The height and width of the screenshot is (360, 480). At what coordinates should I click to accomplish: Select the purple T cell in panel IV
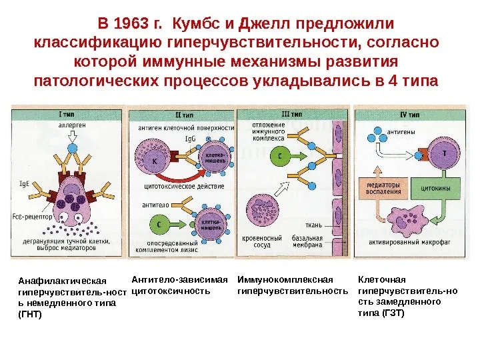click(x=443, y=153)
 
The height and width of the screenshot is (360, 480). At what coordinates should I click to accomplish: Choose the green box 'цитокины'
click(x=434, y=189)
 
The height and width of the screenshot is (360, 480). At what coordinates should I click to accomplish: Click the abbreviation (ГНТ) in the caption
click(x=31, y=314)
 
